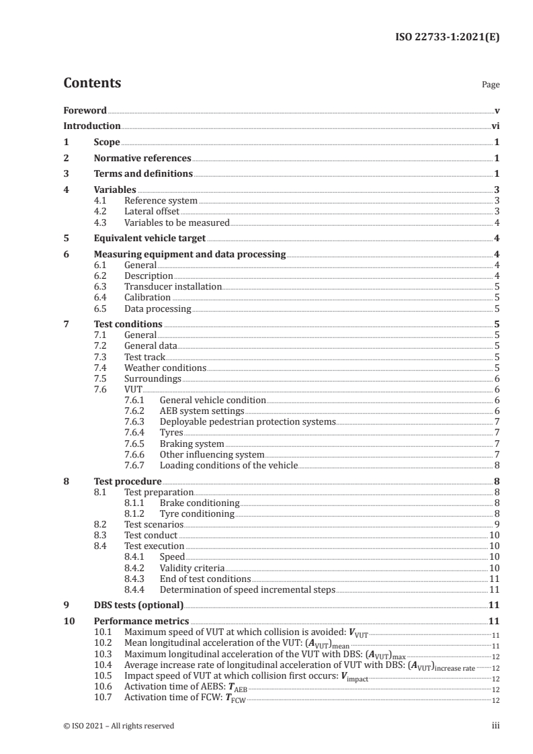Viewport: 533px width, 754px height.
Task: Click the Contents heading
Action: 92,83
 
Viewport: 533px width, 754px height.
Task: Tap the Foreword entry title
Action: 85,110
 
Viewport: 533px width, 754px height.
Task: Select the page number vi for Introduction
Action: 495,126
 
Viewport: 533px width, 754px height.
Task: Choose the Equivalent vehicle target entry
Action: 149,238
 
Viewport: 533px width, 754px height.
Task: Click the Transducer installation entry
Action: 173,286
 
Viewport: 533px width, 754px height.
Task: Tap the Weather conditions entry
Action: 165,368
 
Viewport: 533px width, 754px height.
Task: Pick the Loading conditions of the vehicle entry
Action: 228,464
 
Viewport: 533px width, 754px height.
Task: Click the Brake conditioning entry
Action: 199,503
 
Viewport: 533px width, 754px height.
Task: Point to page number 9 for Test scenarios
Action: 496,524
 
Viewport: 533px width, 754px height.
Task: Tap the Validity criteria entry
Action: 192,568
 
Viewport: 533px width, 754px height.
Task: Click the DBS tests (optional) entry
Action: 138,605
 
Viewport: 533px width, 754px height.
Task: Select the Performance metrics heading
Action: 141,621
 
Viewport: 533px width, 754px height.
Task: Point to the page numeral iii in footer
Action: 495,726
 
